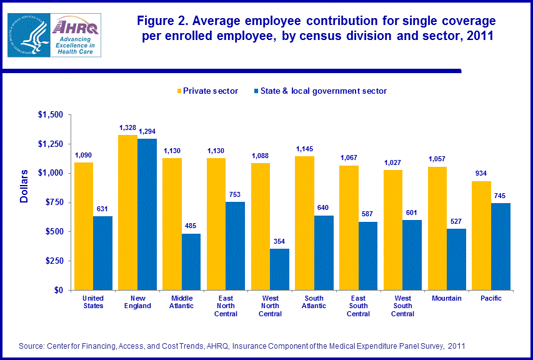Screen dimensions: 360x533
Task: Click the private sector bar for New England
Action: pos(128,212)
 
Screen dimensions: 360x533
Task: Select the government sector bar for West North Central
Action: pos(279,269)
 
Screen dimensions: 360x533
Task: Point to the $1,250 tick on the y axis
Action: pos(50,144)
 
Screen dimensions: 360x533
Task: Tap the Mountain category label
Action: pos(447,299)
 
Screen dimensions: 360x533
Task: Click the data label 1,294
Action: pos(148,132)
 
